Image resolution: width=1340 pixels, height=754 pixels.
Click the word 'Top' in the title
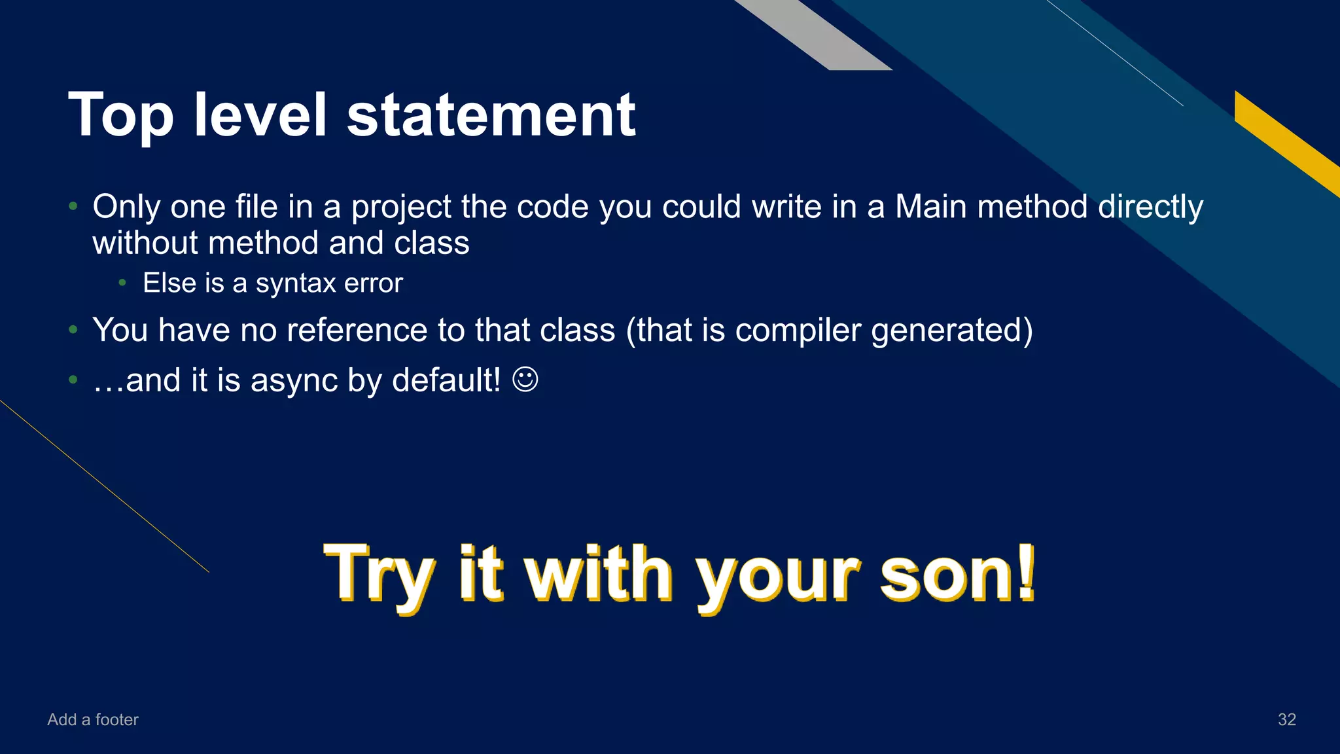(x=121, y=116)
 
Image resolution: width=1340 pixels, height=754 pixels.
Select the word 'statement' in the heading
(x=491, y=116)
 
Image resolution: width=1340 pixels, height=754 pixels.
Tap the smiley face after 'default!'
(x=525, y=379)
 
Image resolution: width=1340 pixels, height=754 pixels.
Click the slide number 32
(x=1286, y=719)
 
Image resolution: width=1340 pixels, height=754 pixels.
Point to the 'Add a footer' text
(x=93, y=719)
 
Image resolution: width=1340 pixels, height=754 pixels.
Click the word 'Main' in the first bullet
(x=930, y=207)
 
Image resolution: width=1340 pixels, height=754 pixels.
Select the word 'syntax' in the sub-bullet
(x=296, y=283)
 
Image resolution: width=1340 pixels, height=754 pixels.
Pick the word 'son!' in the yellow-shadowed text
(x=957, y=574)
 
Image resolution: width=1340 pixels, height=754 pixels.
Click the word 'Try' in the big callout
(x=378, y=574)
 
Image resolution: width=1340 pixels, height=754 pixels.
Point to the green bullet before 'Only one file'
(x=73, y=207)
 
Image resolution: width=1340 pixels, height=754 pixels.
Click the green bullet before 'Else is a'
(x=122, y=283)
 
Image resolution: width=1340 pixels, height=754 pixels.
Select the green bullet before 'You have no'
(x=73, y=330)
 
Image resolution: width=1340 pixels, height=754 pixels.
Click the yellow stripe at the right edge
(x=1286, y=141)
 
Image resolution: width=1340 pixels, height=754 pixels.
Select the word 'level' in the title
(x=260, y=116)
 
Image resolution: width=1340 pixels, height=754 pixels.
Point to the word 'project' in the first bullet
(x=401, y=207)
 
